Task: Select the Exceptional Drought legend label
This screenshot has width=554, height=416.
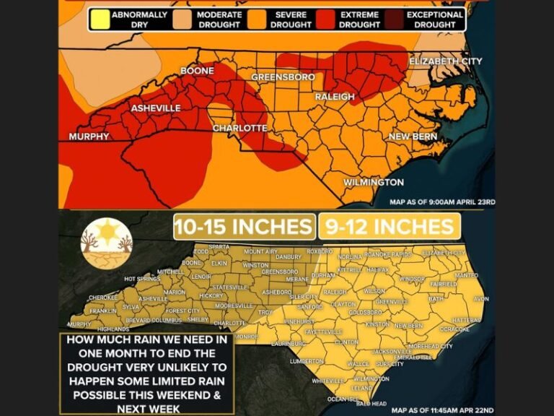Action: [x=435, y=19]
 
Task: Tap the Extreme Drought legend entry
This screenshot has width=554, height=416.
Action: [x=360, y=19]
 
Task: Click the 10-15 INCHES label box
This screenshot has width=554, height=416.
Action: [x=244, y=226]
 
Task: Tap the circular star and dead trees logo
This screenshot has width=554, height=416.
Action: [x=107, y=243]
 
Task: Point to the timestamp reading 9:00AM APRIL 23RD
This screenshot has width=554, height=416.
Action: [x=442, y=203]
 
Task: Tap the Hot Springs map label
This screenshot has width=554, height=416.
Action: [x=141, y=279]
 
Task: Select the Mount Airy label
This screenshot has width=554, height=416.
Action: [x=260, y=251]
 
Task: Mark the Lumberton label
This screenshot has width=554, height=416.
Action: [x=305, y=360]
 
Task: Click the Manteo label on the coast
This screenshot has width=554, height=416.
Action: [x=466, y=275]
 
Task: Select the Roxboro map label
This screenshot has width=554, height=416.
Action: [x=318, y=251]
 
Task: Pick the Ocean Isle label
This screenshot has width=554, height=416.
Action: [x=342, y=399]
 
